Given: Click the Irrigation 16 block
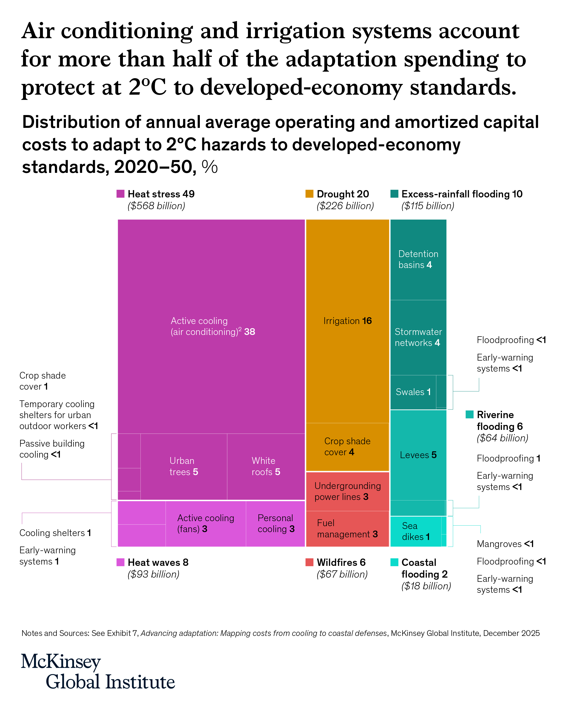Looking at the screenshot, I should (x=347, y=321).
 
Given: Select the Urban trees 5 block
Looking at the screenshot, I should (x=184, y=467).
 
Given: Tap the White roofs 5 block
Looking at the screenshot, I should (x=266, y=467).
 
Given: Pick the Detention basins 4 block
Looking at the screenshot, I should (x=418, y=259).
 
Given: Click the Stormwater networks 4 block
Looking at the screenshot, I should (x=418, y=337).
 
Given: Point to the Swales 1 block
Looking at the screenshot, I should (x=413, y=392).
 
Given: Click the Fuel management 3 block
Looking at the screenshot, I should (x=347, y=528).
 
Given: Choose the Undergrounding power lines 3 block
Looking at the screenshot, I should (x=347, y=491).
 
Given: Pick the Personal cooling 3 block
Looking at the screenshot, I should (x=275, y=523).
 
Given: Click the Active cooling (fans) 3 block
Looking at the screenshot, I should (x=205, y=523).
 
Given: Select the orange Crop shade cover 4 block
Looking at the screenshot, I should (x=347, y=447).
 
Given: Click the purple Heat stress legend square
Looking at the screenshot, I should (x=121, y=194).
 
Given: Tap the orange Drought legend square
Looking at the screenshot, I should (x=309, y=194).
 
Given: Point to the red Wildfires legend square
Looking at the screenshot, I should (x=309, y=562).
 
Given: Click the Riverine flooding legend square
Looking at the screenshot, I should (x=469, y=414).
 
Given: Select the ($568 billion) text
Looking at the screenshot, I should (x=156, y=206).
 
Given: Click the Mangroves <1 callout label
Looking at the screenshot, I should (x=505, y=544).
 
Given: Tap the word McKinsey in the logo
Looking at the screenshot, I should (x=61, y=662).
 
